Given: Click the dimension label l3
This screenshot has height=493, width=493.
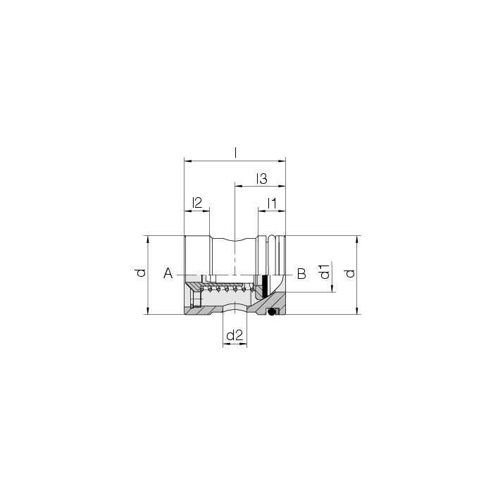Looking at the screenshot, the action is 261,179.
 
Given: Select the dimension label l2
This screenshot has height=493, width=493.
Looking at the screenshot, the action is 196,203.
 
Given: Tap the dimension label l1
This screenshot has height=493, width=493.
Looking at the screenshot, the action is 272,204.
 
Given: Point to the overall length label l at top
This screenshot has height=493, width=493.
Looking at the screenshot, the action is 235,153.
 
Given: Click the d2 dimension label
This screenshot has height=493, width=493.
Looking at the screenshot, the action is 235,335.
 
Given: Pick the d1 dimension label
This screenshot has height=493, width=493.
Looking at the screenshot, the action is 325,272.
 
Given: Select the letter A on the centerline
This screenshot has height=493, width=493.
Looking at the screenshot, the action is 168,273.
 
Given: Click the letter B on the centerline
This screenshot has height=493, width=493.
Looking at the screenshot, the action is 301,273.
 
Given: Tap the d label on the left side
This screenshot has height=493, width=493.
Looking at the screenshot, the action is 141,273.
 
